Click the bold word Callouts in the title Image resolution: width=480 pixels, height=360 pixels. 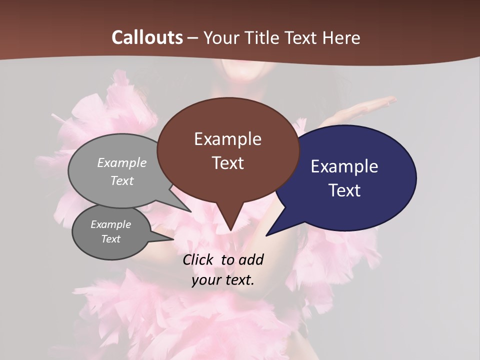147,37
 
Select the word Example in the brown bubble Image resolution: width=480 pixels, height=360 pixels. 227,139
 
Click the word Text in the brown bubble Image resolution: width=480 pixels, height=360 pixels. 227,163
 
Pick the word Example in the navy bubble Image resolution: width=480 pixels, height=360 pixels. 344,166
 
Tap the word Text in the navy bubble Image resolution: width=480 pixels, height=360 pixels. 344,190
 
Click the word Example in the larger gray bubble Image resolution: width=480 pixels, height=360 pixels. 122,163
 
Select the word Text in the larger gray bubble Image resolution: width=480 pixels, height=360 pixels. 122,180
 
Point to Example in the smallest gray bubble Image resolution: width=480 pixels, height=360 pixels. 110,224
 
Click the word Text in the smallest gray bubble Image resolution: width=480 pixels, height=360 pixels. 110,239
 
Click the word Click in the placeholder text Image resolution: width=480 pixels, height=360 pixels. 198,259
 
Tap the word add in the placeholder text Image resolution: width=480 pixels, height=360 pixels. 251,259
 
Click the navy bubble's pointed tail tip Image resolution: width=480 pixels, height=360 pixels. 266,235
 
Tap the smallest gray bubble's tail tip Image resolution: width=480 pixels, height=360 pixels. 173,239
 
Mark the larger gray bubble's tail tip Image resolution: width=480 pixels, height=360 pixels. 190,211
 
